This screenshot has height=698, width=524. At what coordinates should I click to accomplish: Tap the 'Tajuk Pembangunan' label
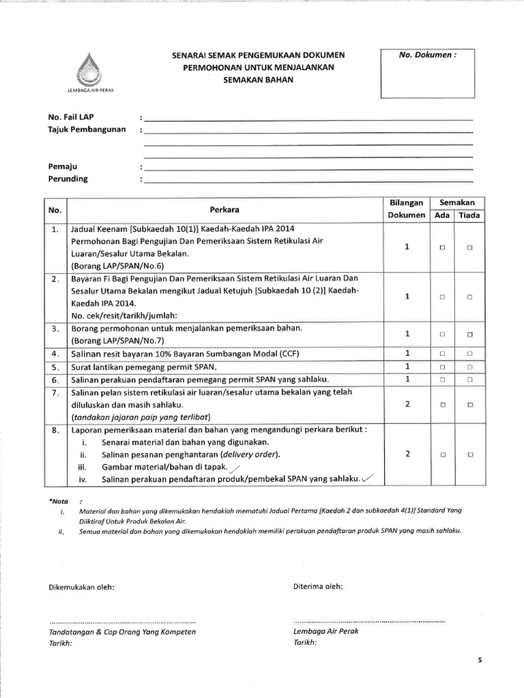[87, 130]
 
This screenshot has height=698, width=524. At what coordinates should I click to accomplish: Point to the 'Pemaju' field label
[62, 166]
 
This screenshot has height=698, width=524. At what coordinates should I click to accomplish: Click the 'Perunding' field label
[68, 179]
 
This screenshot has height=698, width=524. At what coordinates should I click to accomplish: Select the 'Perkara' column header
[224, 209]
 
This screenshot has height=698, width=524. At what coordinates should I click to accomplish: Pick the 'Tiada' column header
[469, 215]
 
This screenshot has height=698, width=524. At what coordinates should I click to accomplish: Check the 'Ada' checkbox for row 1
[442, 248]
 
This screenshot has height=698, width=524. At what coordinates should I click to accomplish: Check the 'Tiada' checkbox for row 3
[469, 335]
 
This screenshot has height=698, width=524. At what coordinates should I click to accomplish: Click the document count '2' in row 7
[407, 404]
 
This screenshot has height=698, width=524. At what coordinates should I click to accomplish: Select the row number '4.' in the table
[55, 354]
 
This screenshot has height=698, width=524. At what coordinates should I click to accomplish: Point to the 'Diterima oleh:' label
[319, 586]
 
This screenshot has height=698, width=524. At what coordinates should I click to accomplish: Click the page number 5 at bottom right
[480, 661]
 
